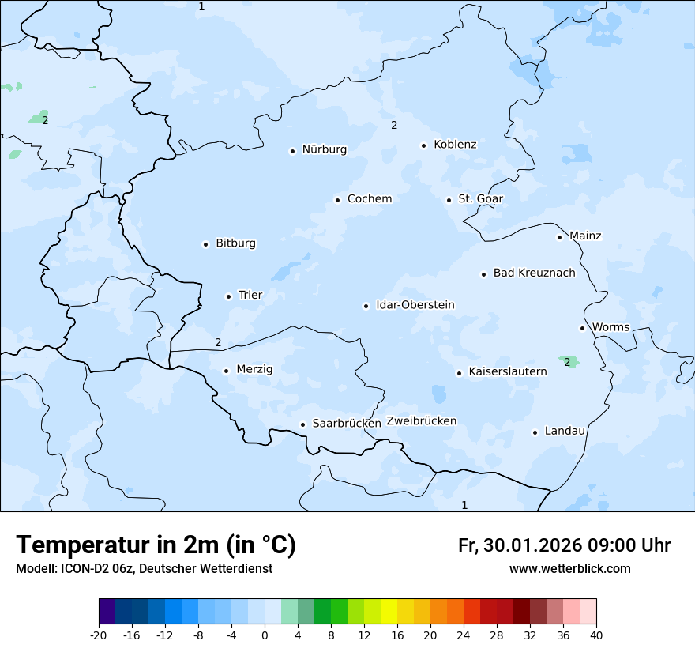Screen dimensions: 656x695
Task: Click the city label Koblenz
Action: pos(455,145)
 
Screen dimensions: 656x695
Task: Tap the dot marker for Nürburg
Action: pos(292,150)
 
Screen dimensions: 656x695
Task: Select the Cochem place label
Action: pos(369,199)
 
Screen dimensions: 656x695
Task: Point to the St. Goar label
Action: pos(480,199)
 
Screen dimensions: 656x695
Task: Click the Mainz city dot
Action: pos(559,236)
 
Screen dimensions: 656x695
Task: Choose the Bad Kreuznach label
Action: pos(534,273)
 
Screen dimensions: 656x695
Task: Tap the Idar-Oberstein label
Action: pos(415,305)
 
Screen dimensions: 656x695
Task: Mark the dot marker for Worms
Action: pos(582,328)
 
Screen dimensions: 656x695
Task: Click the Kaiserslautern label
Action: pos(507,371)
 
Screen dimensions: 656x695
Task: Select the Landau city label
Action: pos(565,432)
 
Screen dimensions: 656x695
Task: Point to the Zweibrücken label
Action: pos(421,421)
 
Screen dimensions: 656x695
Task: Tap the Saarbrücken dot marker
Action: pos(302,424)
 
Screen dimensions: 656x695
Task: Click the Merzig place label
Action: pos(254,369)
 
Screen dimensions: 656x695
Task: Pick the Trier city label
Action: pos(250,296)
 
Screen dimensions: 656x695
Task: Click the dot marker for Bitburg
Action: pos(205,244)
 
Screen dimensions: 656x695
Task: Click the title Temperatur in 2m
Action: pos(156,545)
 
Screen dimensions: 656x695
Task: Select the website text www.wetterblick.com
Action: pos(569,568)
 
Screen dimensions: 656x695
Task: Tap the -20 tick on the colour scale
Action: pos(99,635)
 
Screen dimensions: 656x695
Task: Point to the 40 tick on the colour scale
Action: pos(596,635)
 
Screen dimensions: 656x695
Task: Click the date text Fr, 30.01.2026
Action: pos(520,545)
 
